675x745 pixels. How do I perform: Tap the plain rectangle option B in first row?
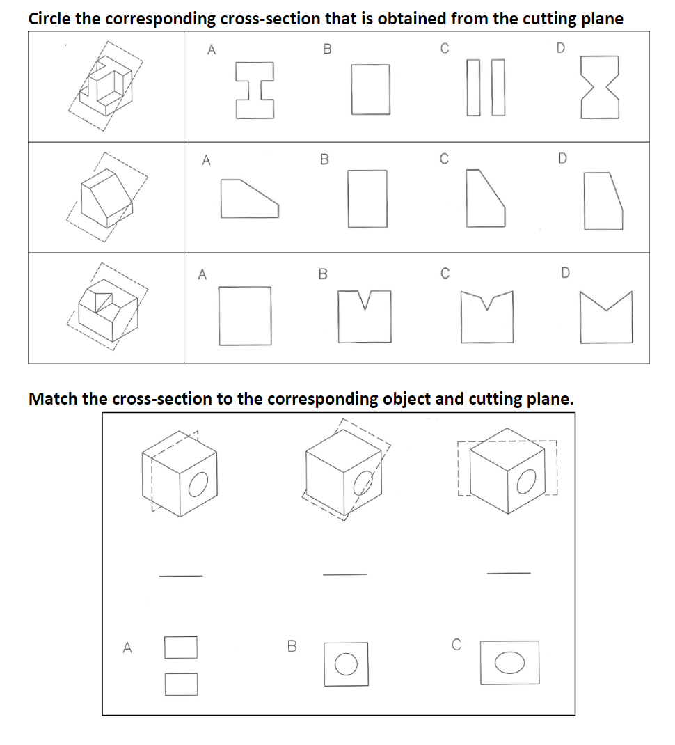370,88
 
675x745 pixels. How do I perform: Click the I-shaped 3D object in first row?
106,86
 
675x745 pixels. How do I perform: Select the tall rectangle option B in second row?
368,197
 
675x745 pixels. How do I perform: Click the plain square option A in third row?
246,315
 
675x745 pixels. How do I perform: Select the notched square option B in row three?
365,315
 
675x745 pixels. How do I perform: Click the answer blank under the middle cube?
344,574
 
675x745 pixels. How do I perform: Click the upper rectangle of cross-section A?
181,648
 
